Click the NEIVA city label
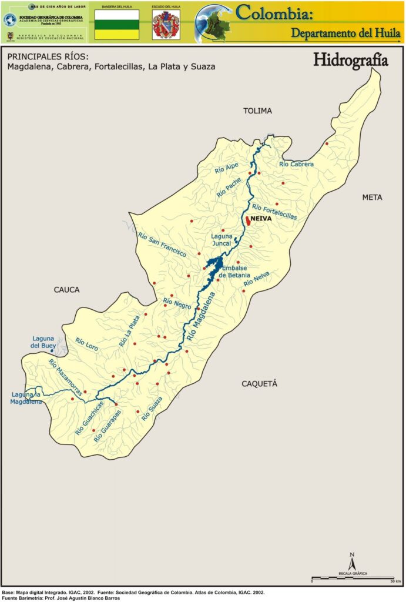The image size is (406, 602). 261,219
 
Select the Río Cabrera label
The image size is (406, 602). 296,164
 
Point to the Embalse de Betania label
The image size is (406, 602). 234,272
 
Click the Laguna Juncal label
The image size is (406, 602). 222,239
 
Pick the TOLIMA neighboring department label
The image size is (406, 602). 258,111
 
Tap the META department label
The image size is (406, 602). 372,198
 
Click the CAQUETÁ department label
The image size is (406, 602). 259,384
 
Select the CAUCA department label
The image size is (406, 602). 66,289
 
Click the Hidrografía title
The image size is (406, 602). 350,60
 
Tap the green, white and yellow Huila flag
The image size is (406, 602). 117,25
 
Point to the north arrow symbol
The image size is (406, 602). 351,562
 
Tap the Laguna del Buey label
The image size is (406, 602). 43,342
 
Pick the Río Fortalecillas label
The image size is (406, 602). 274,212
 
